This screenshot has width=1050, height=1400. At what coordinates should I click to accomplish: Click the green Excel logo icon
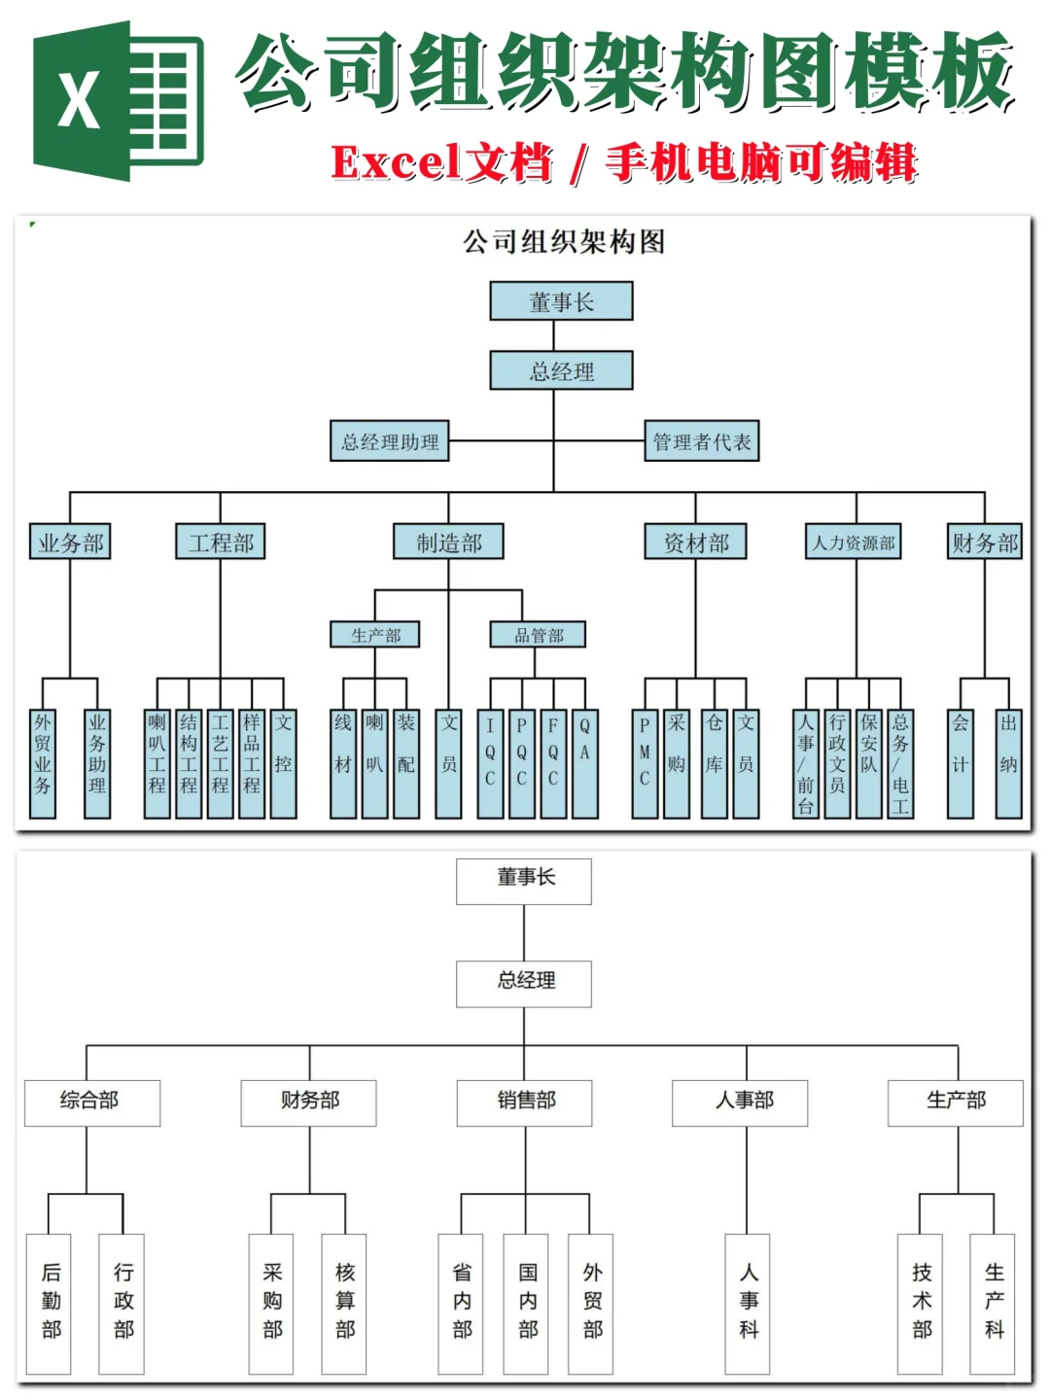click(x=118, y=101)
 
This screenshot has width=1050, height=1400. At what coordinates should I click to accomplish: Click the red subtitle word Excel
click(x=395, y=162)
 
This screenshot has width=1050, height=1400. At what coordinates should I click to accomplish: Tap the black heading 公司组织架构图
click(x=563, y=241)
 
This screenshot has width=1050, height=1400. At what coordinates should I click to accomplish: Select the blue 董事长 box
click(x=561, y=301)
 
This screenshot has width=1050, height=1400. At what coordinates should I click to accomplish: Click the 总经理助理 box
click(x=389, y=441)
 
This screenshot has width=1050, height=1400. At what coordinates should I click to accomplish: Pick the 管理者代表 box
click(x=701, y=441)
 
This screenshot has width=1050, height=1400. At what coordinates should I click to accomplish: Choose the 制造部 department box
click(x=448, y=542)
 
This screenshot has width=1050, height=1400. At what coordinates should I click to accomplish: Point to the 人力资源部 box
click(x=855, y=542)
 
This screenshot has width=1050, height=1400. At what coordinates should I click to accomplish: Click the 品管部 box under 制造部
click(x=538, y=635)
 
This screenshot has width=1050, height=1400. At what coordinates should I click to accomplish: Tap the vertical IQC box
click(x=490, y=762)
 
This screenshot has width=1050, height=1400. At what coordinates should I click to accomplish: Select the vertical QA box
click(x=584, y=762)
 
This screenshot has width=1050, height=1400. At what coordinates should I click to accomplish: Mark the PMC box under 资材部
click(x=644, y=762)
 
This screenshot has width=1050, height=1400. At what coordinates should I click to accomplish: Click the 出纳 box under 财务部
click(x=1008, y=762)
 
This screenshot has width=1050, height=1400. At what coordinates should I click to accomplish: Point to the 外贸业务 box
click(x=43, y=762)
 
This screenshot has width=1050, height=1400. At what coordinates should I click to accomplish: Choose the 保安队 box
click(x=868, y=762)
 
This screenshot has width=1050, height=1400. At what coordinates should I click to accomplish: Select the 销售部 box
click(x=525, y=1102)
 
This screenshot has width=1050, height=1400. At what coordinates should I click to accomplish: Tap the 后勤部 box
click(x=50, y=1303)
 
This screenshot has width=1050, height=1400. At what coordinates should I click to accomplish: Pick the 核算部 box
click(x=344, y=1303)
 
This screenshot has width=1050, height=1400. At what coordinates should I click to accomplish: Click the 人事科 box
click(x=748, y=1303)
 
